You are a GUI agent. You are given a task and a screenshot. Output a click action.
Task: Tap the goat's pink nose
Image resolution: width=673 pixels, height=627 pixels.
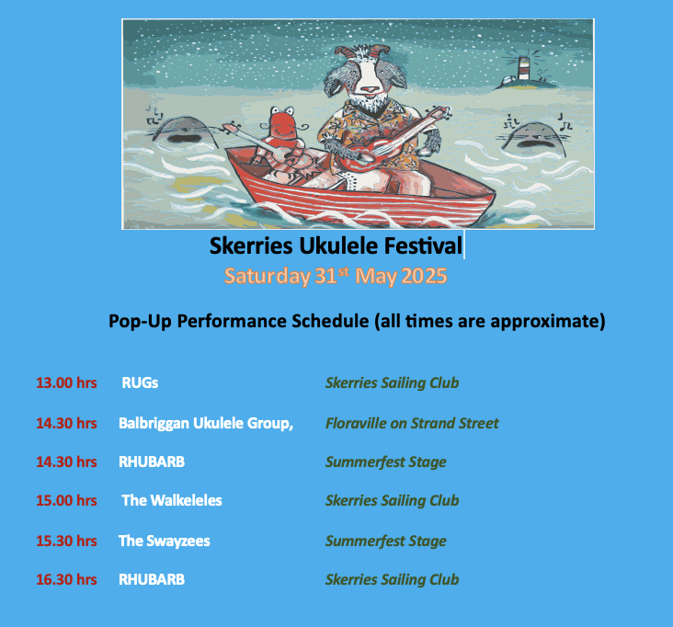pos(369,89)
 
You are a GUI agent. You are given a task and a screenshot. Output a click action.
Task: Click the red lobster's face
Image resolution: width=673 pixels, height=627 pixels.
pos(281,123)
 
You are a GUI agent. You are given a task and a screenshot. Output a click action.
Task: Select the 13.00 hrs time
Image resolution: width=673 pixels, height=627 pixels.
pos(66,382)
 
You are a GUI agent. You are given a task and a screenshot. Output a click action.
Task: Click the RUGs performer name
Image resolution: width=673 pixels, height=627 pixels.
pos(140,382)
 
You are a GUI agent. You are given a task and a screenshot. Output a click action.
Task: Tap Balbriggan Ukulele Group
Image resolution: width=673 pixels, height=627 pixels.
pos(206,423)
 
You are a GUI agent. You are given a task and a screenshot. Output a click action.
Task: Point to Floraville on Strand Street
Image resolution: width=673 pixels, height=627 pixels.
pos(412,423)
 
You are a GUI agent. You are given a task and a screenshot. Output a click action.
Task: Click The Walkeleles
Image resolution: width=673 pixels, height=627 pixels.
pos(172,500)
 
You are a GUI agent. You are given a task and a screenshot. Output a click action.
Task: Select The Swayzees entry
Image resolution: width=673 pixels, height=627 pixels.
pos(165,541)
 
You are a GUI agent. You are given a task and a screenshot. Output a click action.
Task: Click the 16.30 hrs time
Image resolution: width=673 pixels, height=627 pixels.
pos(66,579)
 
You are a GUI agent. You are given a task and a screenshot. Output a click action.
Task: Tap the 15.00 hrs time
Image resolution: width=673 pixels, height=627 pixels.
pos(66,500)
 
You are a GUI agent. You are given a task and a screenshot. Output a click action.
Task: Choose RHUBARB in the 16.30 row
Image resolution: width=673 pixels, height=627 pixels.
pos(152,579)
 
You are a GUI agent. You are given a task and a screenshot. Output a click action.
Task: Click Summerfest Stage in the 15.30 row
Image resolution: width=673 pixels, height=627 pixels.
pos(386,541)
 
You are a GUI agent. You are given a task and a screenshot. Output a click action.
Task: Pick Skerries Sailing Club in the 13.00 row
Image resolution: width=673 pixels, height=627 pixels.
pos(393,382)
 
